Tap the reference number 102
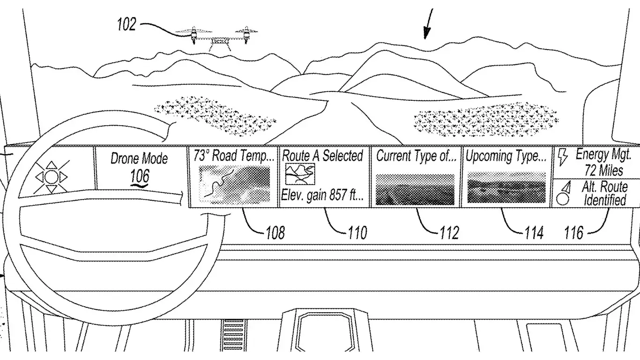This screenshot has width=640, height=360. (126, 25)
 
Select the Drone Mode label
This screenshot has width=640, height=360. (139, 158)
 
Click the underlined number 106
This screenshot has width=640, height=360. (140, 177)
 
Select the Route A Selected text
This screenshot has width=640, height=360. (323, 156)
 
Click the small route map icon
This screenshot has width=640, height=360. (300, 174)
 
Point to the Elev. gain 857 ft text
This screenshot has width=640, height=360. (322, 195)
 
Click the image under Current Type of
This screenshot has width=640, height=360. (415, 189)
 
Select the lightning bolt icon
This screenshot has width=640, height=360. (562, 158)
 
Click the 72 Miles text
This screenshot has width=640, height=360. (604, 170)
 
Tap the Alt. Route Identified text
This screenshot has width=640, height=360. (604, 194)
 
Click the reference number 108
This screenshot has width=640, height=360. (275, 232)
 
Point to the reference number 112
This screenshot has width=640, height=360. (449, 232)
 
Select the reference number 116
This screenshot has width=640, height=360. (574, 232)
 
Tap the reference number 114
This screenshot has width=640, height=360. (534, 232)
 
